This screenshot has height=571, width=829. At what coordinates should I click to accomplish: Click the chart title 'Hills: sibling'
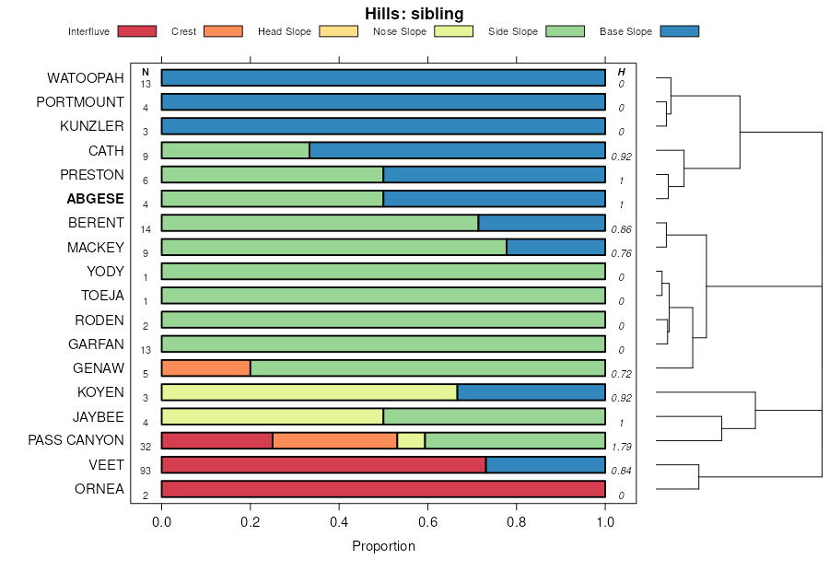point(414,13)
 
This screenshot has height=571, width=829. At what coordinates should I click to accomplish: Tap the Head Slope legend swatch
point(338,31)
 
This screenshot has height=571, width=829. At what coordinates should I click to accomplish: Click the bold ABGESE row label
point(95,199)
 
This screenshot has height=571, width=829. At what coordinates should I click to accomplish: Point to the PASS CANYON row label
point(76,440)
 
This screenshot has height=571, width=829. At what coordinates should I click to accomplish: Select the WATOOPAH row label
point(86,78)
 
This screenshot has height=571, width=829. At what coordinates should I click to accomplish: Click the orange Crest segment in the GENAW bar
point(205,368)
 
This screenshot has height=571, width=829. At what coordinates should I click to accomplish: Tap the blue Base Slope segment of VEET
point(545,465)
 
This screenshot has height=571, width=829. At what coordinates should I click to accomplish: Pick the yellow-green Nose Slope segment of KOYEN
point(309,392)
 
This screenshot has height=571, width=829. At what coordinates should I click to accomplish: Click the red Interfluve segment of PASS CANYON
point(216,440)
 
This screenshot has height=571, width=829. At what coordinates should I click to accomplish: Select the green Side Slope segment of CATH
point(235,150)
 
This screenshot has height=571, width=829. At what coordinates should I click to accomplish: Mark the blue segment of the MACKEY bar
point(555,247)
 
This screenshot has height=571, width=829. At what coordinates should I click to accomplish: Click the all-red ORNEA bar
point(383,489)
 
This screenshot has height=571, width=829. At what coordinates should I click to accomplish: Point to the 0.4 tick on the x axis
point(339,522)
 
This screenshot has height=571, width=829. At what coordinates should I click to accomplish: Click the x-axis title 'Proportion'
point(383,546)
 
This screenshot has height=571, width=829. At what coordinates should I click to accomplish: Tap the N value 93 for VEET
point(146,472)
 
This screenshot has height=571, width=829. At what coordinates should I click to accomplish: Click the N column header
point(146,72)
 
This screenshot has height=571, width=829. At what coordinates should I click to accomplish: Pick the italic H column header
point(622,72)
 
